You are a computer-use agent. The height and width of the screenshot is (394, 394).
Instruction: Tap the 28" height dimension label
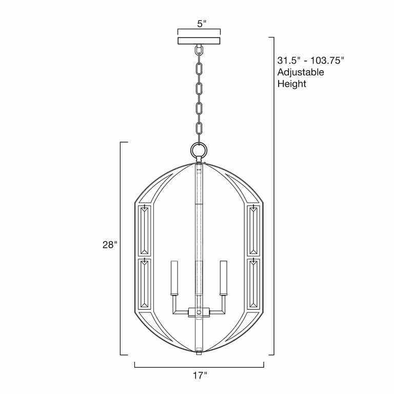click(x=109, y=245)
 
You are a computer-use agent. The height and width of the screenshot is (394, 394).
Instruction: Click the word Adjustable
click(x=301, y=72)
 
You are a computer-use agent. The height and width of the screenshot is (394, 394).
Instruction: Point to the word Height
click(x=292, y=84)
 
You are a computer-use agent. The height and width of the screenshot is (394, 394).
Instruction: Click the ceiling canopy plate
click(x=199, y=41)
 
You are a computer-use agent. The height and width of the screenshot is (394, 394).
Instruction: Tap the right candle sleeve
click(x=224, y=278)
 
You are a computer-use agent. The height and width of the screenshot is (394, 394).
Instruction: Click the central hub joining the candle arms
click(x=199, y=311)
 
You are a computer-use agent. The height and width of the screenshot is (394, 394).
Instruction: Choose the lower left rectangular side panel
click(x=144, y=284)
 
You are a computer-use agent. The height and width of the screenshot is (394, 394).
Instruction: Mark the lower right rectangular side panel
click(x=254, y=284)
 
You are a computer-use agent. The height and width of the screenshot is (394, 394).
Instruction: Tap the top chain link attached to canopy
click(x=199, y=52)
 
